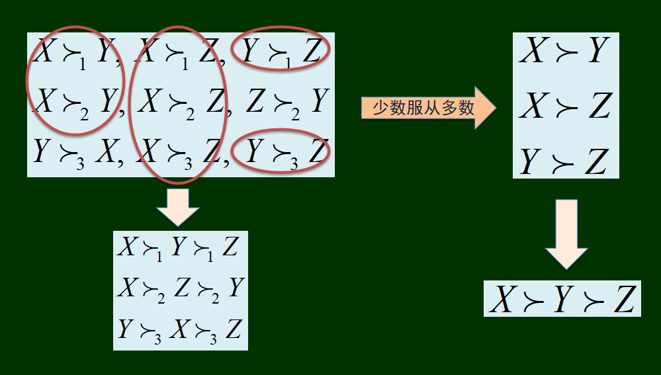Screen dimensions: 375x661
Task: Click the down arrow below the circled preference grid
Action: [x=177, y=208]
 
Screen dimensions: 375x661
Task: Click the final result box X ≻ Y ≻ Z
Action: [x=562, y=299]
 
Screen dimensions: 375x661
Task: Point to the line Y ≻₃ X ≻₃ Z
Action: [x=179, y=329]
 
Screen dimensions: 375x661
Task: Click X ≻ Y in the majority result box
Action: [x=564, y=51]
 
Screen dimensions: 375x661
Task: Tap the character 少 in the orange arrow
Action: [x=380, y=107]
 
